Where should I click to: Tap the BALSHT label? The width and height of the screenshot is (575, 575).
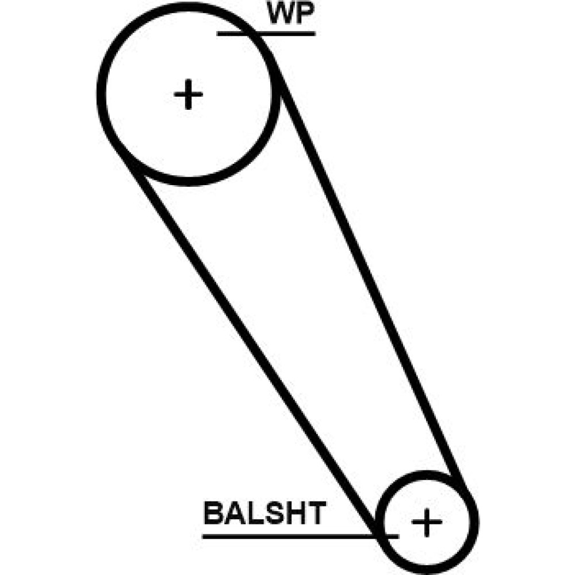pos(264,513)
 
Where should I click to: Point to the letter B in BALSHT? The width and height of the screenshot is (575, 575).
pos(214,513)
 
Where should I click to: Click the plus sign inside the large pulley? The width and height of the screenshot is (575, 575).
pos(188,95)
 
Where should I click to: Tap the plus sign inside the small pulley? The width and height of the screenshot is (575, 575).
pos(427,522)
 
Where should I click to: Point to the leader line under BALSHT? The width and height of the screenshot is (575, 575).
pos(287,536)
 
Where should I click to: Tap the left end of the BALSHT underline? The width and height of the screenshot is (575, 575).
pos(205,536)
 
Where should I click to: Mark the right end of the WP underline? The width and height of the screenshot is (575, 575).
pos(313,33)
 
